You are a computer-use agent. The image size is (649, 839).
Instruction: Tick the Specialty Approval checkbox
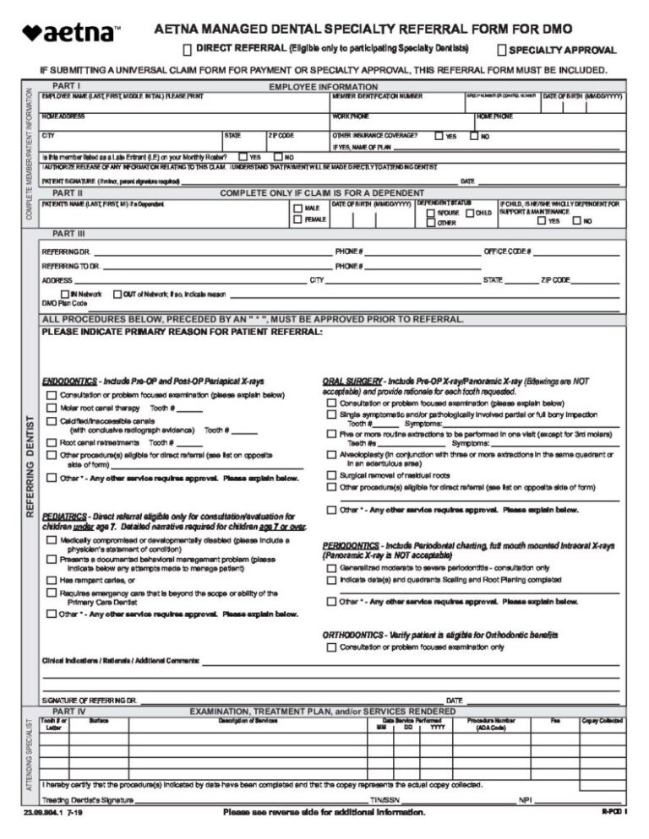[x=502, y=50]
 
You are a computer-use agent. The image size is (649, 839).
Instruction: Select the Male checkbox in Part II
[x=297, y=208]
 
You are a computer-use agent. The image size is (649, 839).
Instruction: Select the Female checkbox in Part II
[x=297, y=219]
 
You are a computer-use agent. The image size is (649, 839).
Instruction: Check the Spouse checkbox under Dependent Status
[x=430, y=213]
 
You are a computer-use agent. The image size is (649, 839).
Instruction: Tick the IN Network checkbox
[x=65, y=294]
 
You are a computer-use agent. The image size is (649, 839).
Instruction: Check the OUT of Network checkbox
[x=117, y=294]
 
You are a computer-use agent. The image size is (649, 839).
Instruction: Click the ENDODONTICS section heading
[x=69, y=382]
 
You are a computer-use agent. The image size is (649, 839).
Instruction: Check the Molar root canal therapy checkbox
[x=52, y=408]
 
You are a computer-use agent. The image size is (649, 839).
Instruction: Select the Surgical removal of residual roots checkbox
[x=331, y=475]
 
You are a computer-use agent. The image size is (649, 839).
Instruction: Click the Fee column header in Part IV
[x=554, y=720]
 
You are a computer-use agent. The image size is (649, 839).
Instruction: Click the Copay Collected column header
[x=602, y=720]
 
